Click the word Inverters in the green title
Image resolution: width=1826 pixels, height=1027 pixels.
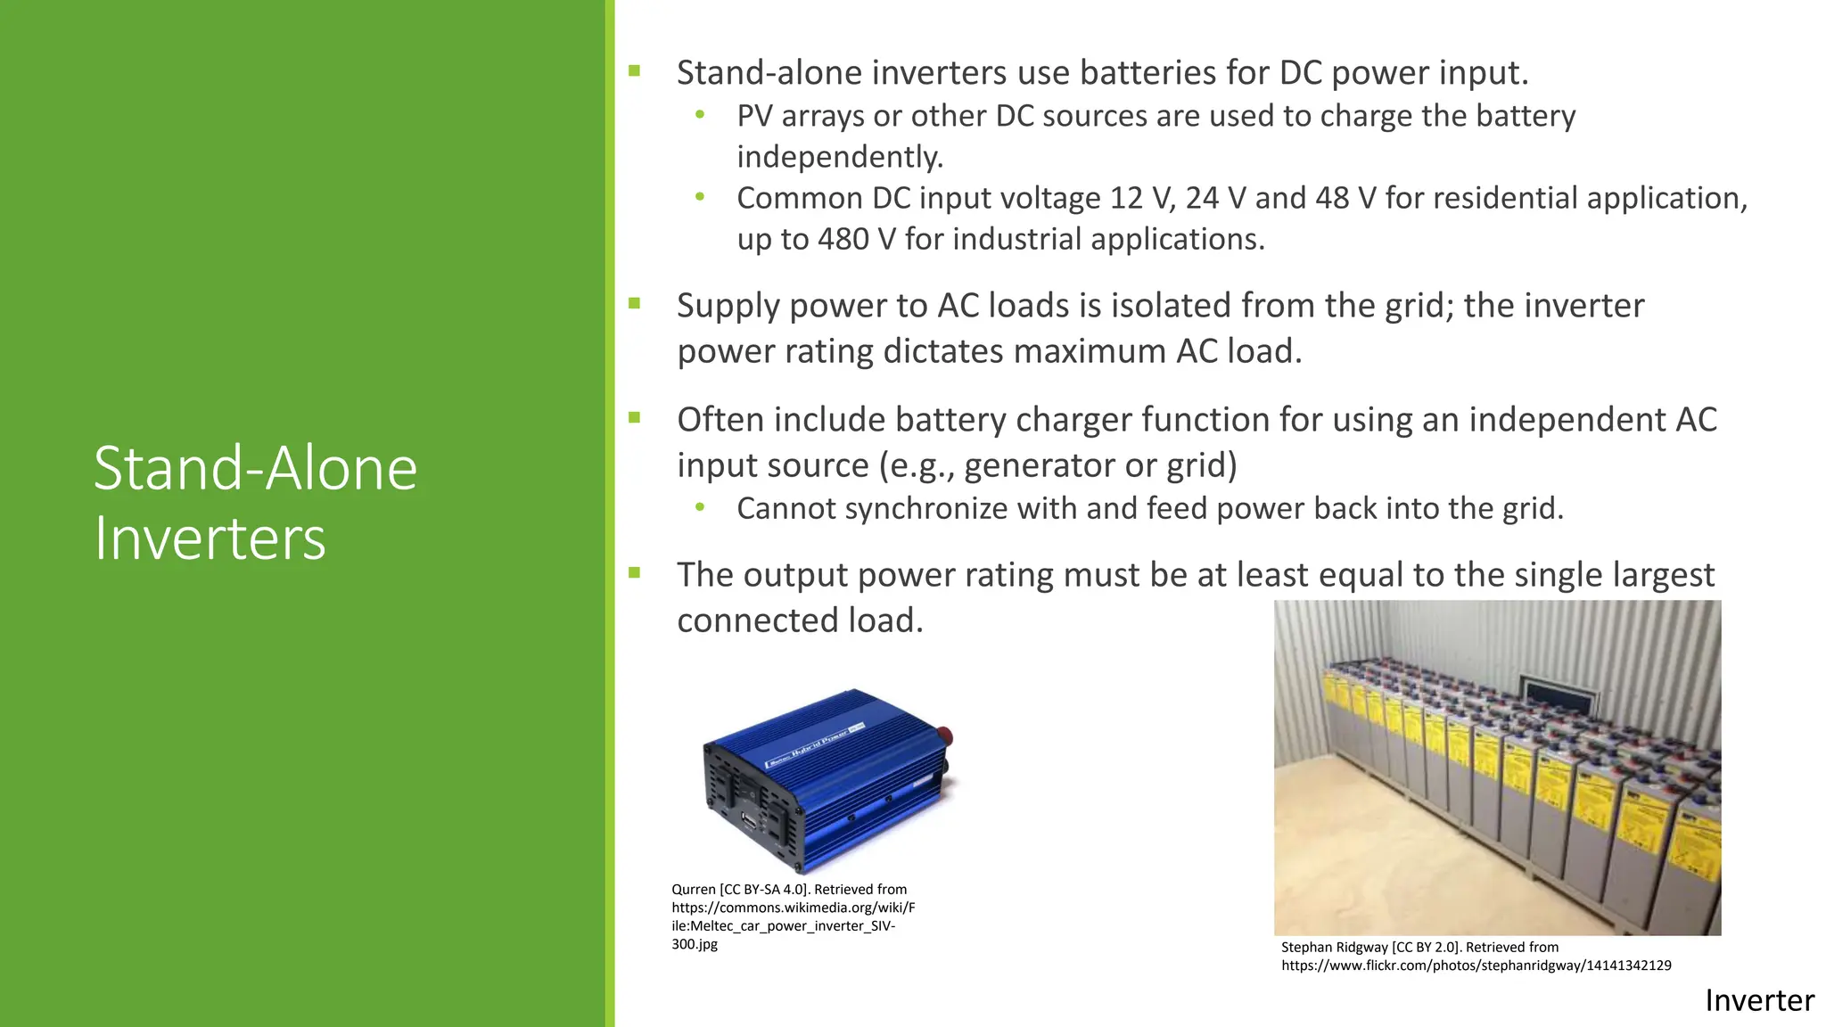point(210,538)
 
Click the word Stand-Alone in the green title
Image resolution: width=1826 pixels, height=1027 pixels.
point(255,468)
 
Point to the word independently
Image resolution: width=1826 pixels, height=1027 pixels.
point(839,157)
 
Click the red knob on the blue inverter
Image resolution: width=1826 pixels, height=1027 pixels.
point(944,737)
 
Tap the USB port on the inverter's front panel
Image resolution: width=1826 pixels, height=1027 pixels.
point(749,822)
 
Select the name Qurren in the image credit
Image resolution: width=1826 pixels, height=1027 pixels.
point(693,890)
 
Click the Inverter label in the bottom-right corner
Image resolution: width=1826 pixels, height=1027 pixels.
point(1758,1001)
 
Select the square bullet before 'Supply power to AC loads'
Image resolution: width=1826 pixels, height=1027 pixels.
point(635,303)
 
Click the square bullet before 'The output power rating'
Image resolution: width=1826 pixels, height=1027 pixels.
point(635,572)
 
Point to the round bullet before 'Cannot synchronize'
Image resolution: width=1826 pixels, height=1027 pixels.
point(700,507)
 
